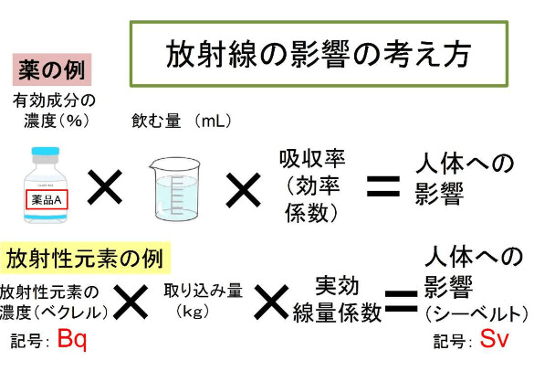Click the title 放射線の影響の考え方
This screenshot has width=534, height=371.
[319, 54]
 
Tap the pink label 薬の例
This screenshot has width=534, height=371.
[52, 69]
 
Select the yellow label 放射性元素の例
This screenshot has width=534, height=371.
[85, 258]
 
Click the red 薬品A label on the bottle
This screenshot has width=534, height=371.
[47, 199]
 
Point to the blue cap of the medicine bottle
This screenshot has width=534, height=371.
[46, 152]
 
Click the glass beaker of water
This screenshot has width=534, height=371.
[174, 188]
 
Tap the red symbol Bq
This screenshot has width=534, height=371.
[72, 339]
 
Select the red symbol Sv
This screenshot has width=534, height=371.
[494, 339]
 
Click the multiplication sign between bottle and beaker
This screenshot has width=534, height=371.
[105, 187]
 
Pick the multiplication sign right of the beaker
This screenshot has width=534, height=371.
[243, 190]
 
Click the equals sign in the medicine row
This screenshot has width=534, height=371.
[383, 186]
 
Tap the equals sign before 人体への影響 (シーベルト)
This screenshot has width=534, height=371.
[401, 302]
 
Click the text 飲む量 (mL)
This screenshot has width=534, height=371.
[181, 121]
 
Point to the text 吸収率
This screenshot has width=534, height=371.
[312, 159]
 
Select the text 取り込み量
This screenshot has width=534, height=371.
[204, 291]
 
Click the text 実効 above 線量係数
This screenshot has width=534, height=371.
[337, 286]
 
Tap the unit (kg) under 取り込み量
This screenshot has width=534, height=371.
[193, 311]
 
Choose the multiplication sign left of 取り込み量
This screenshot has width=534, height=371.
[131, 302]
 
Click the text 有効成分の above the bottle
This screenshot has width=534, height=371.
[54, 101]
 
